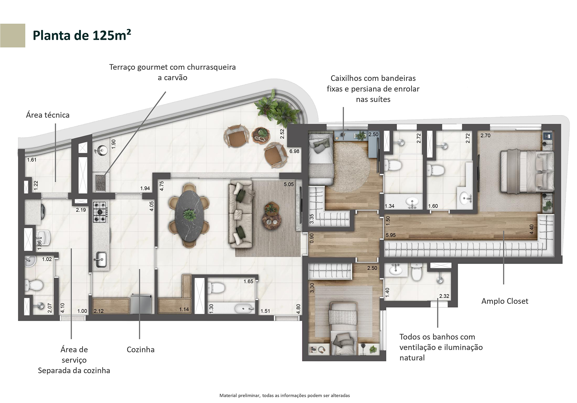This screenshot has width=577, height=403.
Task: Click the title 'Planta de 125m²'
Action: (82, 35)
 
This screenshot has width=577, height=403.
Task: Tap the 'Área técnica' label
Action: (47, 115)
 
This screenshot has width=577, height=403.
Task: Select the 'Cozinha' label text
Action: (140, 349)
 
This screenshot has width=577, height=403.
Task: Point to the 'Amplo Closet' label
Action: (505, 301)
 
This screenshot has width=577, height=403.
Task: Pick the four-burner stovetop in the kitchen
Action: (100, 212)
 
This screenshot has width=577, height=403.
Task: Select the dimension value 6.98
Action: (295, 151)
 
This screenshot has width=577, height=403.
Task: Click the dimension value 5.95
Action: (391, 235)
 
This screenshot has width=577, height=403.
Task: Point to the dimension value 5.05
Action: (289, 184)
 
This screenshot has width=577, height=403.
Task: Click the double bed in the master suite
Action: (527, 172)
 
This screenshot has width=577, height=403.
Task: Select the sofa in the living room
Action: (240, 214)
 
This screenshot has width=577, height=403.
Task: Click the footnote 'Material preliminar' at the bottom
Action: (285, 395)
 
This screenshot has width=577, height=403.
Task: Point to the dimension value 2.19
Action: (81, 210)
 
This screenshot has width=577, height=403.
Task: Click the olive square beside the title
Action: (12, 35)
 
